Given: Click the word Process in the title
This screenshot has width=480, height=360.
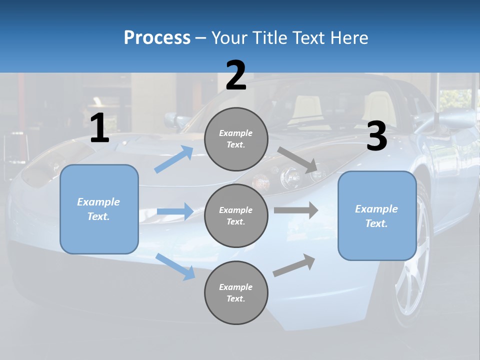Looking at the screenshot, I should [x=157, y=38].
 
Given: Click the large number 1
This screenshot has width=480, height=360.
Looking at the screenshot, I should [x=99, y=129].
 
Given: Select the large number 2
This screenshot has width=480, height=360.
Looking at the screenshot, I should [x=236, y=75].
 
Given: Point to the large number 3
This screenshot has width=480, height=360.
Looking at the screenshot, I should [x=376, y=136].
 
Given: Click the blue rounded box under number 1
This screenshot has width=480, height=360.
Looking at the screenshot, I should [x=99, y=209].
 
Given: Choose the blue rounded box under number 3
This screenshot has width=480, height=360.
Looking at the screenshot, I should [x=377, y=215].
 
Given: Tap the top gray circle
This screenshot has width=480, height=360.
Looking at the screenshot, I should [x=236, y=138].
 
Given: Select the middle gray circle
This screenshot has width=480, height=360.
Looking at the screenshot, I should [x=236, y=215].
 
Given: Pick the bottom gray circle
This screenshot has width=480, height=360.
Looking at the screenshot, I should [x=236, y=292].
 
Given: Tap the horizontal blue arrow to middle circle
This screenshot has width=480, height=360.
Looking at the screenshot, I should [x=175, y=211].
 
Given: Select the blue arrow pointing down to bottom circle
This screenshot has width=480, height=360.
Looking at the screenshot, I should [x=175, y=266].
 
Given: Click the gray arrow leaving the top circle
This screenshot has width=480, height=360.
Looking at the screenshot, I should [x=298, y=160].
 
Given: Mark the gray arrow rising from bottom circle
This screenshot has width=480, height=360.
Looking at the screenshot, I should [x=294, y=265].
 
